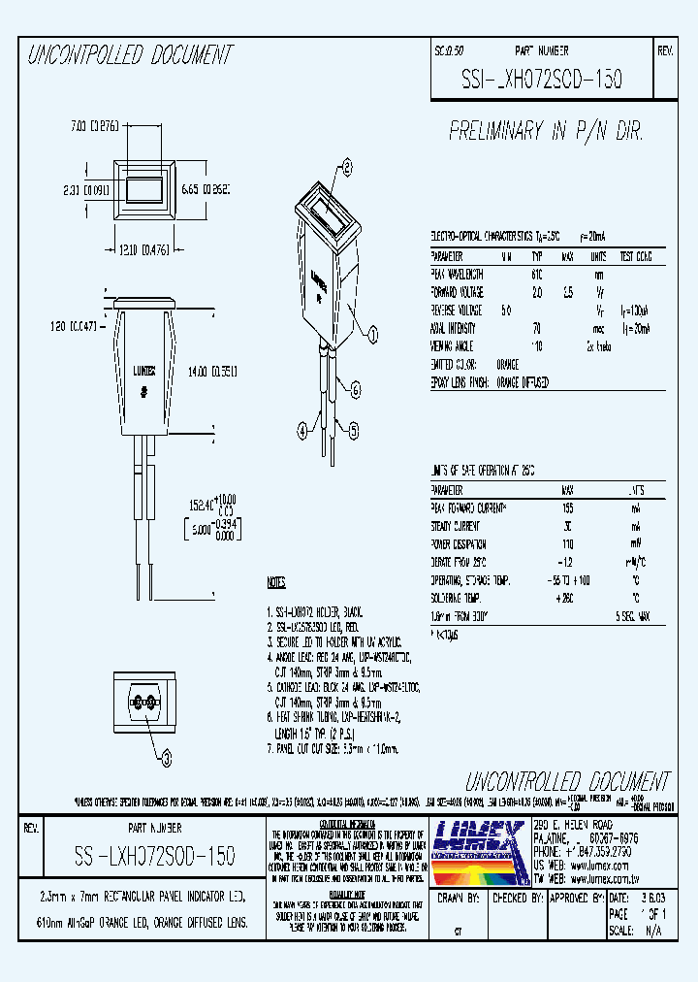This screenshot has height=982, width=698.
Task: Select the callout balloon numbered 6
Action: [x=356, y=390]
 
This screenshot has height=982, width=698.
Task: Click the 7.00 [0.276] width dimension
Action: [x=94, y=125]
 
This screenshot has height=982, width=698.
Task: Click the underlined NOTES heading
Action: [x=276, y=583]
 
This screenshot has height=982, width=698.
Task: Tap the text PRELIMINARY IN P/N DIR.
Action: [x=546, y=131]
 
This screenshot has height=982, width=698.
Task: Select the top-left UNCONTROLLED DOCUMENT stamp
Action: [x=129, y=56]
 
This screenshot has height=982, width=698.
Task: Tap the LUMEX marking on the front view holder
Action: [x=143, y=372]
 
